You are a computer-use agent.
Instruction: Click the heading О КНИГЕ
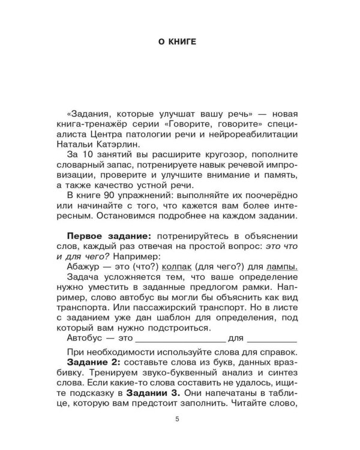coord(179,43)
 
